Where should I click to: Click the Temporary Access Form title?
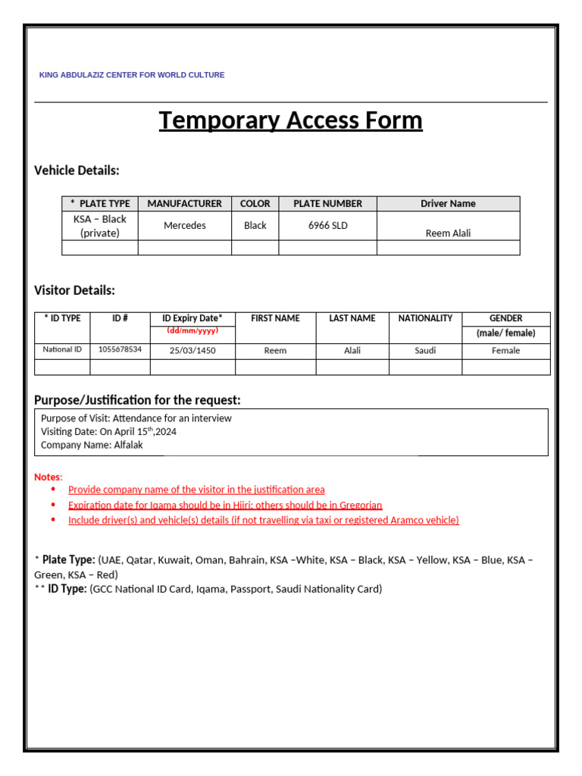[x=290, y=120]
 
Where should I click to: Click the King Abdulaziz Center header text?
[x=132, y=75]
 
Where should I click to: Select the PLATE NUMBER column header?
[x=327, y=203]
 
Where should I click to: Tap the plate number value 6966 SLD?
[x=327, y=225]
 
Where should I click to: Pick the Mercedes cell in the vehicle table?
[x=185, y=225]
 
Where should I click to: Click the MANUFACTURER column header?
[x=185, y=203]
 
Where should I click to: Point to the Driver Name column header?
[x=448, y=203]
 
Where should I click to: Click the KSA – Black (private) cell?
[x=100, y=226]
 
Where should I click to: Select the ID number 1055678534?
[x=120, y=349]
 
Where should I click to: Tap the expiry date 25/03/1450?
[x=192, y=350]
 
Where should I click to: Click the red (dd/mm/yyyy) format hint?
[x=192, y=330]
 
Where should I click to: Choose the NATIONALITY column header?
[x=425, y=318]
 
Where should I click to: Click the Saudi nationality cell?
[x=425, y=350]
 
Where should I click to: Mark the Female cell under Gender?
[x=505, y=350]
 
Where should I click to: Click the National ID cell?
[x=62, y=349]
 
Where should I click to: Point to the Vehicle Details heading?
[x=77, y=171]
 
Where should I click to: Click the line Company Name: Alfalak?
[x=92, y=445]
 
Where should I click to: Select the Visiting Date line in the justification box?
[x=108, y=431]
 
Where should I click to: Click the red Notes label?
[x=48, y=477]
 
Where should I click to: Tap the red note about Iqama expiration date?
[x=225, y=505]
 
